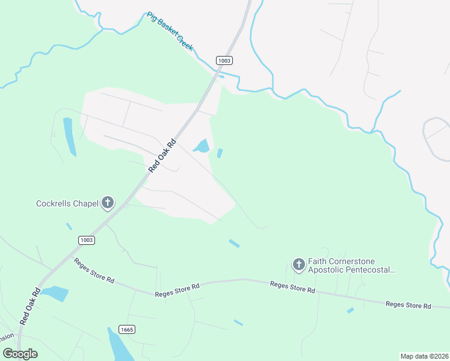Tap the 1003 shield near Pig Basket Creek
point(224,60)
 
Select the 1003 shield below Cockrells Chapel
point(86,240)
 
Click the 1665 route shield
point(126,329)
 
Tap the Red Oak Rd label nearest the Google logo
point(29,306)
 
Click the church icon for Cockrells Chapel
point(108,203)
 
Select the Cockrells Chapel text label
point(67,203)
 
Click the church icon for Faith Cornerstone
point(298,264)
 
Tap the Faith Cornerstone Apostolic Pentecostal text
point(352,265)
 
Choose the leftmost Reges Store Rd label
point(93,270)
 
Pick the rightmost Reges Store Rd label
point(408,306)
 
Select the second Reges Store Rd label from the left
point(177,291)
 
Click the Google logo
point(20,354)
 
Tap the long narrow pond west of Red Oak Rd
point(70,137)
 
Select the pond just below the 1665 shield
point(121,347)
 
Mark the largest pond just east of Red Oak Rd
point(202,146)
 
